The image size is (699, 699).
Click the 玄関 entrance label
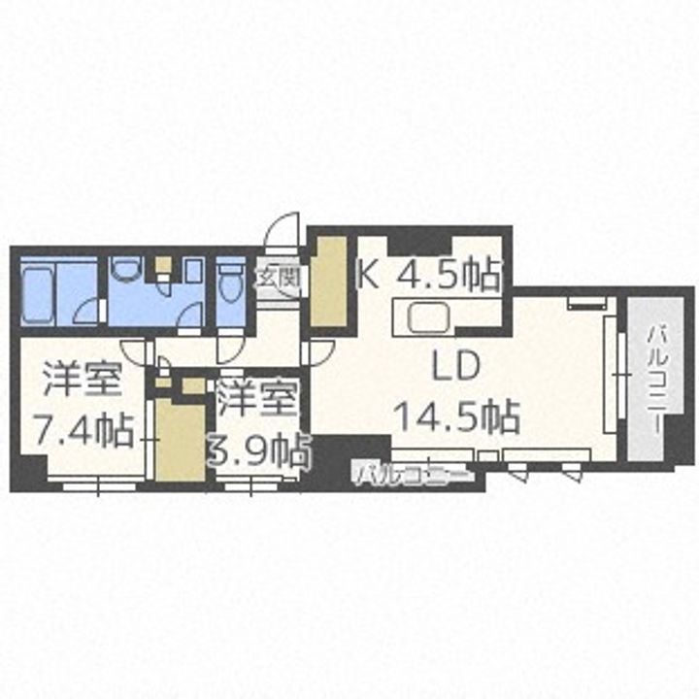pyautogui.click(x=278, y=278)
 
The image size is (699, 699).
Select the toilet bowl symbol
pyautogui.click(x=230, y=285)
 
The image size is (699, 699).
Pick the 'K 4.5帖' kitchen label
pyautogui.click(x=429, y=275)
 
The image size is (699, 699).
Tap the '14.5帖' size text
pyautogui.click(x=456, y=416)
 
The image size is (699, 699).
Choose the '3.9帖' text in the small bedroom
pyautogui.click(x=260, y=449)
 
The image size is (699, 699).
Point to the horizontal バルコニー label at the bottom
pyautogui.click(x=413, y=475)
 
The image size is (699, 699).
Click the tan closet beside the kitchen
pyautogui.click(x=328, y=282)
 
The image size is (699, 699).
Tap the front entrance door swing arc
pyautogui.click(x=282, y=233)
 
